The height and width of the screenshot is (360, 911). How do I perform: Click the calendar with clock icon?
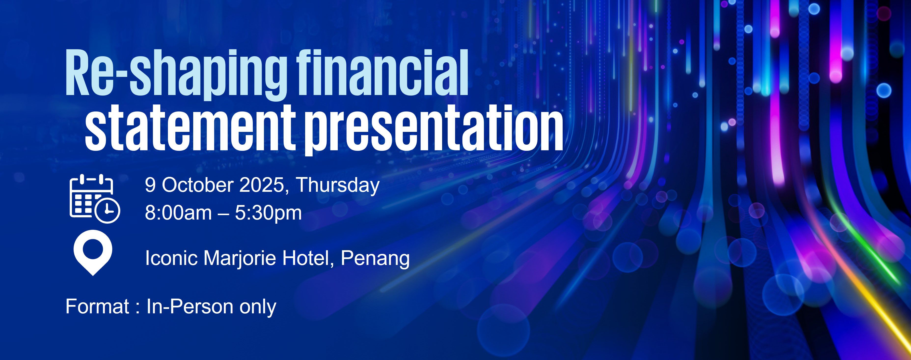[x=95, y=198]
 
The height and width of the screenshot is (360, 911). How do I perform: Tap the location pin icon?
[x=93, y=252]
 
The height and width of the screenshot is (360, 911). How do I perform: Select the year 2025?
[x=264, y=185]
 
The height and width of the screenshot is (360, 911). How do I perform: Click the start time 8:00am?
[x=178, y=213]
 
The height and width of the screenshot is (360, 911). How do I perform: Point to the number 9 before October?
[x=150, y=185]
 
